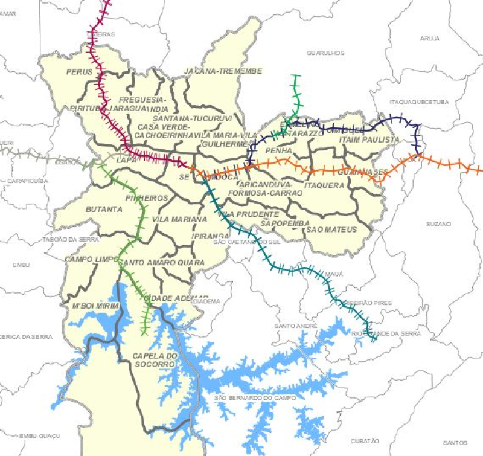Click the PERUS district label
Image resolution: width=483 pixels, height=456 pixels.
tap(79, 72)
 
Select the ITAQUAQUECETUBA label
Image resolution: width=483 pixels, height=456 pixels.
tap(420, 102)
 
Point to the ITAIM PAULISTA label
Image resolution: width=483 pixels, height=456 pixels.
tap(368, 140)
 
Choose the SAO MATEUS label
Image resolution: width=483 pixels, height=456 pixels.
tap(331, 230)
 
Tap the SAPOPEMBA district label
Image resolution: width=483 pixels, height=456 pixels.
tap(281, 223)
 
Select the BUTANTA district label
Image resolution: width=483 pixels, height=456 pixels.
tap(104, 209)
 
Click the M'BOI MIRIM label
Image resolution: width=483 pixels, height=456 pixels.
tap(92, 306)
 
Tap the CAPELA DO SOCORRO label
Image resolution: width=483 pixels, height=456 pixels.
tap(155, 360)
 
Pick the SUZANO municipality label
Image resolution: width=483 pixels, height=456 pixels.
tap(438, 224)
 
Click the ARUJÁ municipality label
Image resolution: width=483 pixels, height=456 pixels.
tap(429, 39)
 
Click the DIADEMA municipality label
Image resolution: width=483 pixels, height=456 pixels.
tap(211, 301)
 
